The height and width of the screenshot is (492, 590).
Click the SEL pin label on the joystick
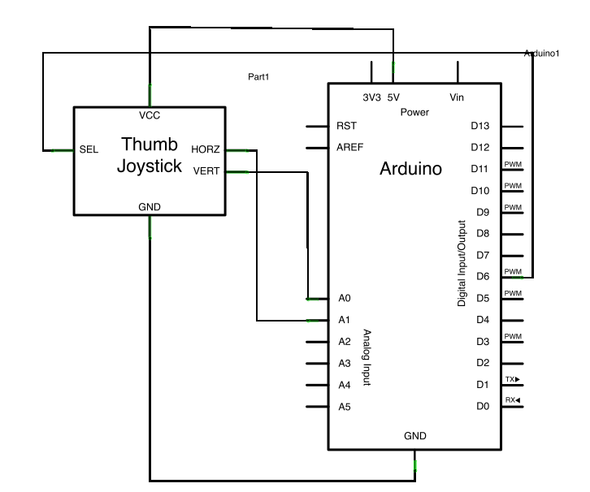click(x=89, y=150)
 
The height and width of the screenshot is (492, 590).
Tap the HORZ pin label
click(x=206, y=149)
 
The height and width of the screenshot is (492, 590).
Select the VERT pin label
click(x=206, y=170)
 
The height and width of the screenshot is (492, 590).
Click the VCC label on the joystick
click(x=150, y=114)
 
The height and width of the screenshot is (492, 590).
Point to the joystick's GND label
click(x=150, y=207)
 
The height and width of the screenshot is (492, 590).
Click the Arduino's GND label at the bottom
click(x=415, y=436)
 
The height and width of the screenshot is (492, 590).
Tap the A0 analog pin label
click(x=345, y=299)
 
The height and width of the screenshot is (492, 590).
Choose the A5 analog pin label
click(x=345, y=406)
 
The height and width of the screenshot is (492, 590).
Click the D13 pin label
click(x=480, y=126)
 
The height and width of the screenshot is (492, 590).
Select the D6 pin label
click(x=483, y=277)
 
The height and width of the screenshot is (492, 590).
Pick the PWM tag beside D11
click(x=513, y=165)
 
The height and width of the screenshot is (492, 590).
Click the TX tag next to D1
click(x=512, y=379)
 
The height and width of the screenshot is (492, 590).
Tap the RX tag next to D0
click(x=512, y=400)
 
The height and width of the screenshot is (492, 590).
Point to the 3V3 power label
click(x=371, y=97)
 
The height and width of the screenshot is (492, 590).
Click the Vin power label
click(x=457, y=97)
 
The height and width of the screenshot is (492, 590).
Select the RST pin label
click(x=346, y=126)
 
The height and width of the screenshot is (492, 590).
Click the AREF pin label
click(x=349, y=148)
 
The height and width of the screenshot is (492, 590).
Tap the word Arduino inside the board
click(x=411, y=170)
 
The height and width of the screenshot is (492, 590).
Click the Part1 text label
click(x=258, y=77)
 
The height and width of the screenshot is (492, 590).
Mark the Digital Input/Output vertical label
click(x=462, y=263)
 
